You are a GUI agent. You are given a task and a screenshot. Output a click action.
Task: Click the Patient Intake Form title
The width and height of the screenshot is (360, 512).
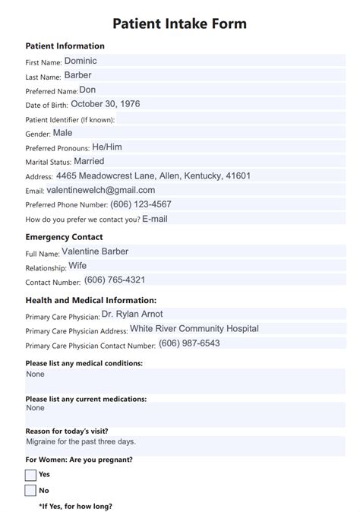pos(179,24)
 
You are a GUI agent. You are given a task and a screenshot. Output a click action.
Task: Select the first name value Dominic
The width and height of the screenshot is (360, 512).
pos(81,61)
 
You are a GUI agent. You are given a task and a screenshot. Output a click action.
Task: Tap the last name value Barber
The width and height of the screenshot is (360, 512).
pos(78,75)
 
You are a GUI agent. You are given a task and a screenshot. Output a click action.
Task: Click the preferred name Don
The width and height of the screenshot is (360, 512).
pos(87,90)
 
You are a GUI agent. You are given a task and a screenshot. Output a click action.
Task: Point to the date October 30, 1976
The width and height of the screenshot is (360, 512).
pos(105,104)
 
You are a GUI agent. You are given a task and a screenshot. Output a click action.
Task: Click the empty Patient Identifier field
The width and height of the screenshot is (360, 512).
pos(228,119)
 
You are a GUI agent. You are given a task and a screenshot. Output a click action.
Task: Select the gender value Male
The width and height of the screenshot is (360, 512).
pos(62,133)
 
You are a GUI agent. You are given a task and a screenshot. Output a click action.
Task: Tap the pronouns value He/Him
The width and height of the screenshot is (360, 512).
pos(107,147)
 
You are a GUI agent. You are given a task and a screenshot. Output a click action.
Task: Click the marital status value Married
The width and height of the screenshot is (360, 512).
pos(89,162)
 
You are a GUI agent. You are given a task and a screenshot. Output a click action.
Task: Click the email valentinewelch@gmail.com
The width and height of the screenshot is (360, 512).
pos(101,191)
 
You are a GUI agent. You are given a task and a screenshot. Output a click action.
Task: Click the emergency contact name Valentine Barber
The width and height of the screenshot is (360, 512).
pos(95,251)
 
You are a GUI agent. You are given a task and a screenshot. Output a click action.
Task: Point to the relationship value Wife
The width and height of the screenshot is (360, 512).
pos(77,266)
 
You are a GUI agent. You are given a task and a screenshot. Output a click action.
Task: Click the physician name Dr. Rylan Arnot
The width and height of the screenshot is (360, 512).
pos(132,314)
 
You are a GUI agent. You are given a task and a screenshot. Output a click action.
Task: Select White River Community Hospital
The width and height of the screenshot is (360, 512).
pos(194,329)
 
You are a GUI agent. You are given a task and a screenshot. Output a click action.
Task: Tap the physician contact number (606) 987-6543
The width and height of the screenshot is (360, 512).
pos(189,343)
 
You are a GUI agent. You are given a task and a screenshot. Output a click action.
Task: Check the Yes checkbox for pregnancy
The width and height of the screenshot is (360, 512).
pos(30,475)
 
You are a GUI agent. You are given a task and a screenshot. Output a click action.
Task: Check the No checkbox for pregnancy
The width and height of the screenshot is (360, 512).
pos(30,491)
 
